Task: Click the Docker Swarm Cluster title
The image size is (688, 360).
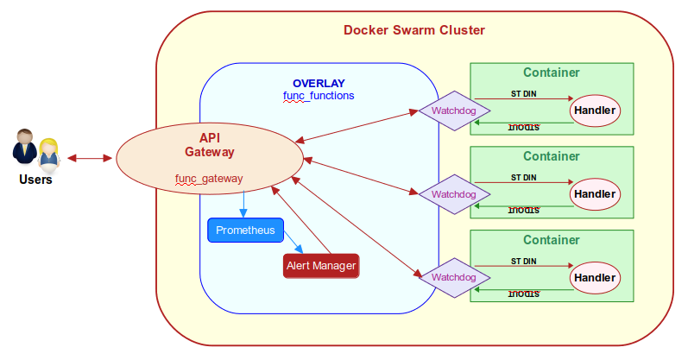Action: click(x=414, y=30)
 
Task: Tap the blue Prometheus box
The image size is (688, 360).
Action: click(x=245, y=231)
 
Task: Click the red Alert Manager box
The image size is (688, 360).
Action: click(x=320, y=266)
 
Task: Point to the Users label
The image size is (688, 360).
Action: click(x=35, y=180)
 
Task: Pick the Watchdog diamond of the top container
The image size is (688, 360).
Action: click(x=454, y=111)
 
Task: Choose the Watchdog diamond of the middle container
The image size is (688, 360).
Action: click(x=454, y=194)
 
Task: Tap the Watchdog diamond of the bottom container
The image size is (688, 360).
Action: click(x=454, y=277)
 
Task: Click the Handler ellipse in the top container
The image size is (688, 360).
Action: click(x=595, y=111)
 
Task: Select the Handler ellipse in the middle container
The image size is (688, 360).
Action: click(x=595, y=194)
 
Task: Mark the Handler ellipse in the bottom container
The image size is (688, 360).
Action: click(x=595, y=278)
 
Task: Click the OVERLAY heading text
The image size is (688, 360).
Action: click(x=319, y=83)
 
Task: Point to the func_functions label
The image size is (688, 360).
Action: click(x=319, y=96)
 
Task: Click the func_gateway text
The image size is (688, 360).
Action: click(x=209, y=179)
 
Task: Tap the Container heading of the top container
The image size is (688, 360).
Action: click(x=551, y=73)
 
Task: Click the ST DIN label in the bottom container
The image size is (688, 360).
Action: click(x=523, y=261)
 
